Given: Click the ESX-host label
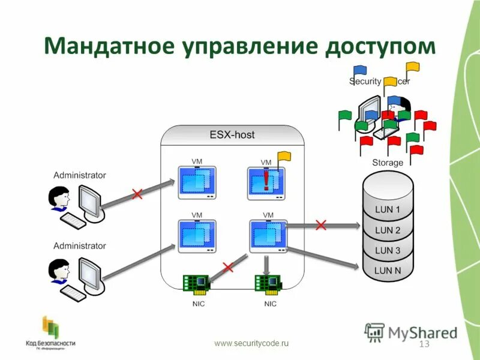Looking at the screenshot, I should point(232,135).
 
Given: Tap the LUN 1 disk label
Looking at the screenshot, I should point(388,209).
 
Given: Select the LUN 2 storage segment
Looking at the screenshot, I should point(388,230).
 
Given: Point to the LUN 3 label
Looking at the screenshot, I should point(388,250).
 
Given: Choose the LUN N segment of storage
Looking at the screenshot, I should point(388,270).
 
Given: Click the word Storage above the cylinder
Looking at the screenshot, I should point(388,163).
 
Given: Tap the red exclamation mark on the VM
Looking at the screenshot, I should point(266,178).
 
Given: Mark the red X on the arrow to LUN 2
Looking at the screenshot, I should point(321,225).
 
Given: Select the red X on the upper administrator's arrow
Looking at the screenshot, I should point(137,194).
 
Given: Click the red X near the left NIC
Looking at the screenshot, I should point(227,267).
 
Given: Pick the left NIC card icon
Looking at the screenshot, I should point(196,283).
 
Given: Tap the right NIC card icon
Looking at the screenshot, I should point(267,283).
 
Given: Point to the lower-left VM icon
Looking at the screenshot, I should point(197,236).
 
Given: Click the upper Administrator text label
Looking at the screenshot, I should point(79,175).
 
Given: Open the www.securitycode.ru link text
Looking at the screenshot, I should point(251,343).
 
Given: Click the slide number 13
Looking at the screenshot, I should point(424,344).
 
